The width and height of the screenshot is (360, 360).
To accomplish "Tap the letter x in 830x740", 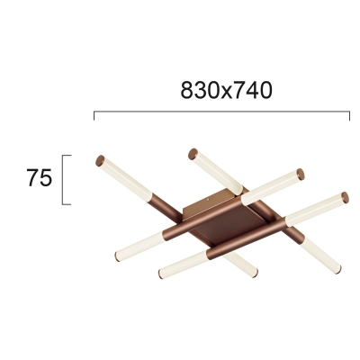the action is tap(226, 93).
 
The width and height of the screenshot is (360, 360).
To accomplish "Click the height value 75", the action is tap(40, 177).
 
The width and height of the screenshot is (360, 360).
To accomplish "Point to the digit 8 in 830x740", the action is tap(187, 90).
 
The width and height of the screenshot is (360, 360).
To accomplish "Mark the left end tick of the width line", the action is tap(94, 116).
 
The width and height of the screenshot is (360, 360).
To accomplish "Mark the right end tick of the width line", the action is tap(349, 116).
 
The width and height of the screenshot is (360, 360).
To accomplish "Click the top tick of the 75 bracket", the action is tap(67, 156).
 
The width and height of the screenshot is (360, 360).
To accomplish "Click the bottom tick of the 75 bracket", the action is tap(67, 204).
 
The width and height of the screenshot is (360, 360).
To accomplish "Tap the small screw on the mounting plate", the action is tap(208, 198).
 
